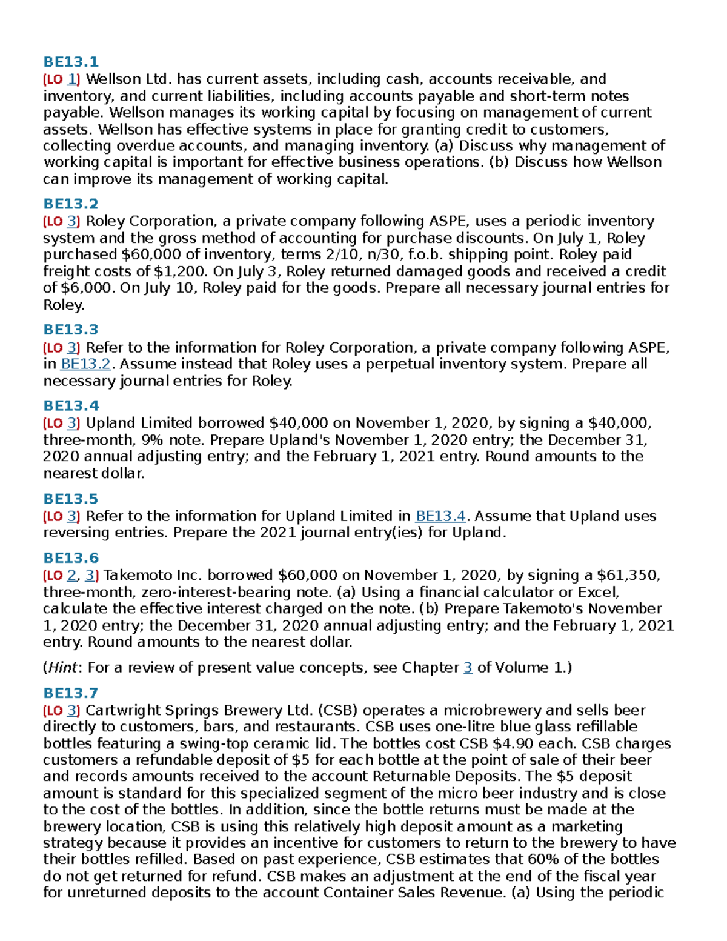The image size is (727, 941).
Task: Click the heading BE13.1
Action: [x=70, y=62]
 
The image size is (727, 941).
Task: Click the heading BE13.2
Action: [x=70, y=204]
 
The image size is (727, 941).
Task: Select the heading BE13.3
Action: [x=70, y=330]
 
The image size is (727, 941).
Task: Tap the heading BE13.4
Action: [x=70, y=405]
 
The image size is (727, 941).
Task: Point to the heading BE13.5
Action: [x=70, y=499]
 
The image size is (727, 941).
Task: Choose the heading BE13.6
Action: [x=70, y=558]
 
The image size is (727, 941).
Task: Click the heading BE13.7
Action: [x=70, y=693]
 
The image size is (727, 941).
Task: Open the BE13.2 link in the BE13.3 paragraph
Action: [x=85, y=364]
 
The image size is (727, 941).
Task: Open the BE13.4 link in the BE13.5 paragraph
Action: [x=440, y=516]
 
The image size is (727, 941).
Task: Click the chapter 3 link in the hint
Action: [x=468, y=668]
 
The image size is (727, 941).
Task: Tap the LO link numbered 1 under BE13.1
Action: [x=73, y=79]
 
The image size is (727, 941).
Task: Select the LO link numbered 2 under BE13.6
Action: [x=72, y=575]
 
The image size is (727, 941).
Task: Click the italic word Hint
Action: [x=62, y=668]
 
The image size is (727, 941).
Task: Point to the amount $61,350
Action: [x=628, y=575]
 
